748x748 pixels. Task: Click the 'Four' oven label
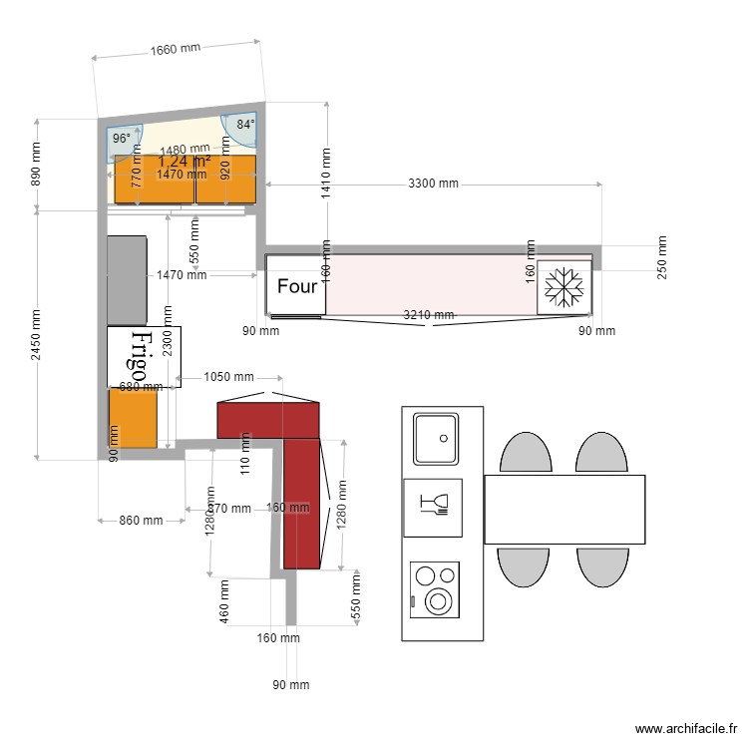tap(296, 287)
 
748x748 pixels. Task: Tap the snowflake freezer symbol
tap(564, 288)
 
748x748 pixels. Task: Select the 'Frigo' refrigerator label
tap(144, 356)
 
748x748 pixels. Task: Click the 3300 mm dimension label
tap(434, 184)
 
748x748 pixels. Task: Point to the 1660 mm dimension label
tap(176, 49)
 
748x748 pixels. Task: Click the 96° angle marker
tap(122, 139)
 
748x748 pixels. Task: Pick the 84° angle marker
tap(244, 126)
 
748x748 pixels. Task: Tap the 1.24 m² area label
tap(185, 161)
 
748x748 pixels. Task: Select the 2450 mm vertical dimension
tap(37, 335)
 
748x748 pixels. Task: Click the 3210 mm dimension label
tap(428, 315)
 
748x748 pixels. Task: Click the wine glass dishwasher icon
tap(434, 507)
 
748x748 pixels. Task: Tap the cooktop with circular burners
tap(436, 588)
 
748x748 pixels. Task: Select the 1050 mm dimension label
tap(228, 377)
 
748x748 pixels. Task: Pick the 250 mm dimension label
tap(662, 258)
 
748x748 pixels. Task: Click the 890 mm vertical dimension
tap(37, 165)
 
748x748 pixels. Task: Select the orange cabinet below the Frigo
tap(134, 417)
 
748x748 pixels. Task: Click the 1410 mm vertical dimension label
tap(325, 175)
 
